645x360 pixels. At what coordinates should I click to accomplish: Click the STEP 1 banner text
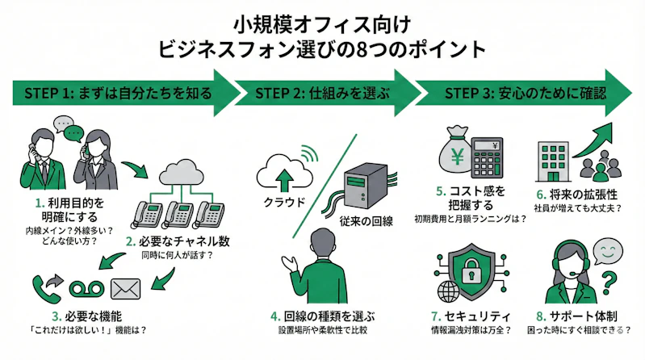(x=112, y=93)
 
